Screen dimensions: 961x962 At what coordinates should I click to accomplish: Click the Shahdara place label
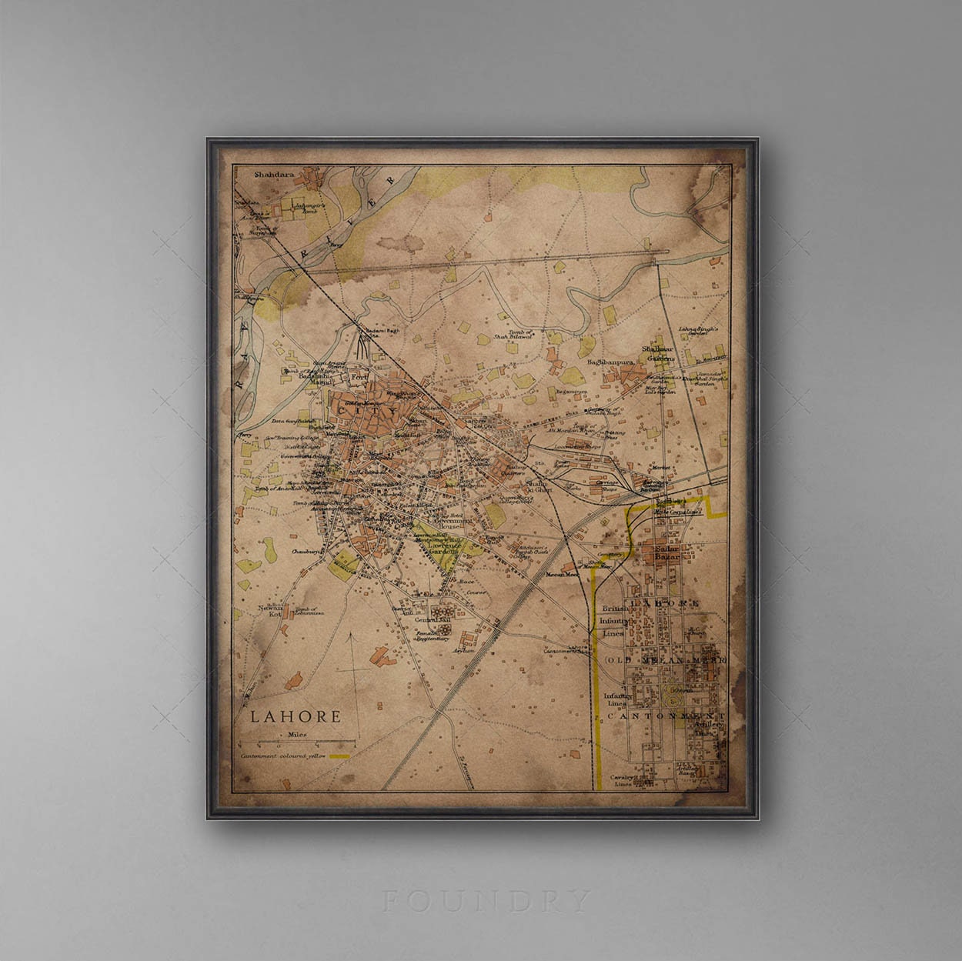[x=275, y=175]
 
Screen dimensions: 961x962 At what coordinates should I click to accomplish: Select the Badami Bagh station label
[x=372, y=332]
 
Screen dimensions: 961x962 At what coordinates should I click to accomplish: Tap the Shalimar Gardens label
[x=660, y=353]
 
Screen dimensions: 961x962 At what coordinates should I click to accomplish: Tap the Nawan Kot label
[x=270, y=611]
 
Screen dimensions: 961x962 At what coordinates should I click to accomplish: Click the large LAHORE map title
[x=295, y=717]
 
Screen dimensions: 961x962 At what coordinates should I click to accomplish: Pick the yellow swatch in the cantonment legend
[x=339, y=756]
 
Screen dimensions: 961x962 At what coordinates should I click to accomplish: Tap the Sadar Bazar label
[x=666, y=552]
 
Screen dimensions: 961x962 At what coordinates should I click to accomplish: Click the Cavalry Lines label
[x=621, y=781]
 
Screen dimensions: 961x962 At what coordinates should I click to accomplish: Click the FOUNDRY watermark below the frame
[x=486, y=899]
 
